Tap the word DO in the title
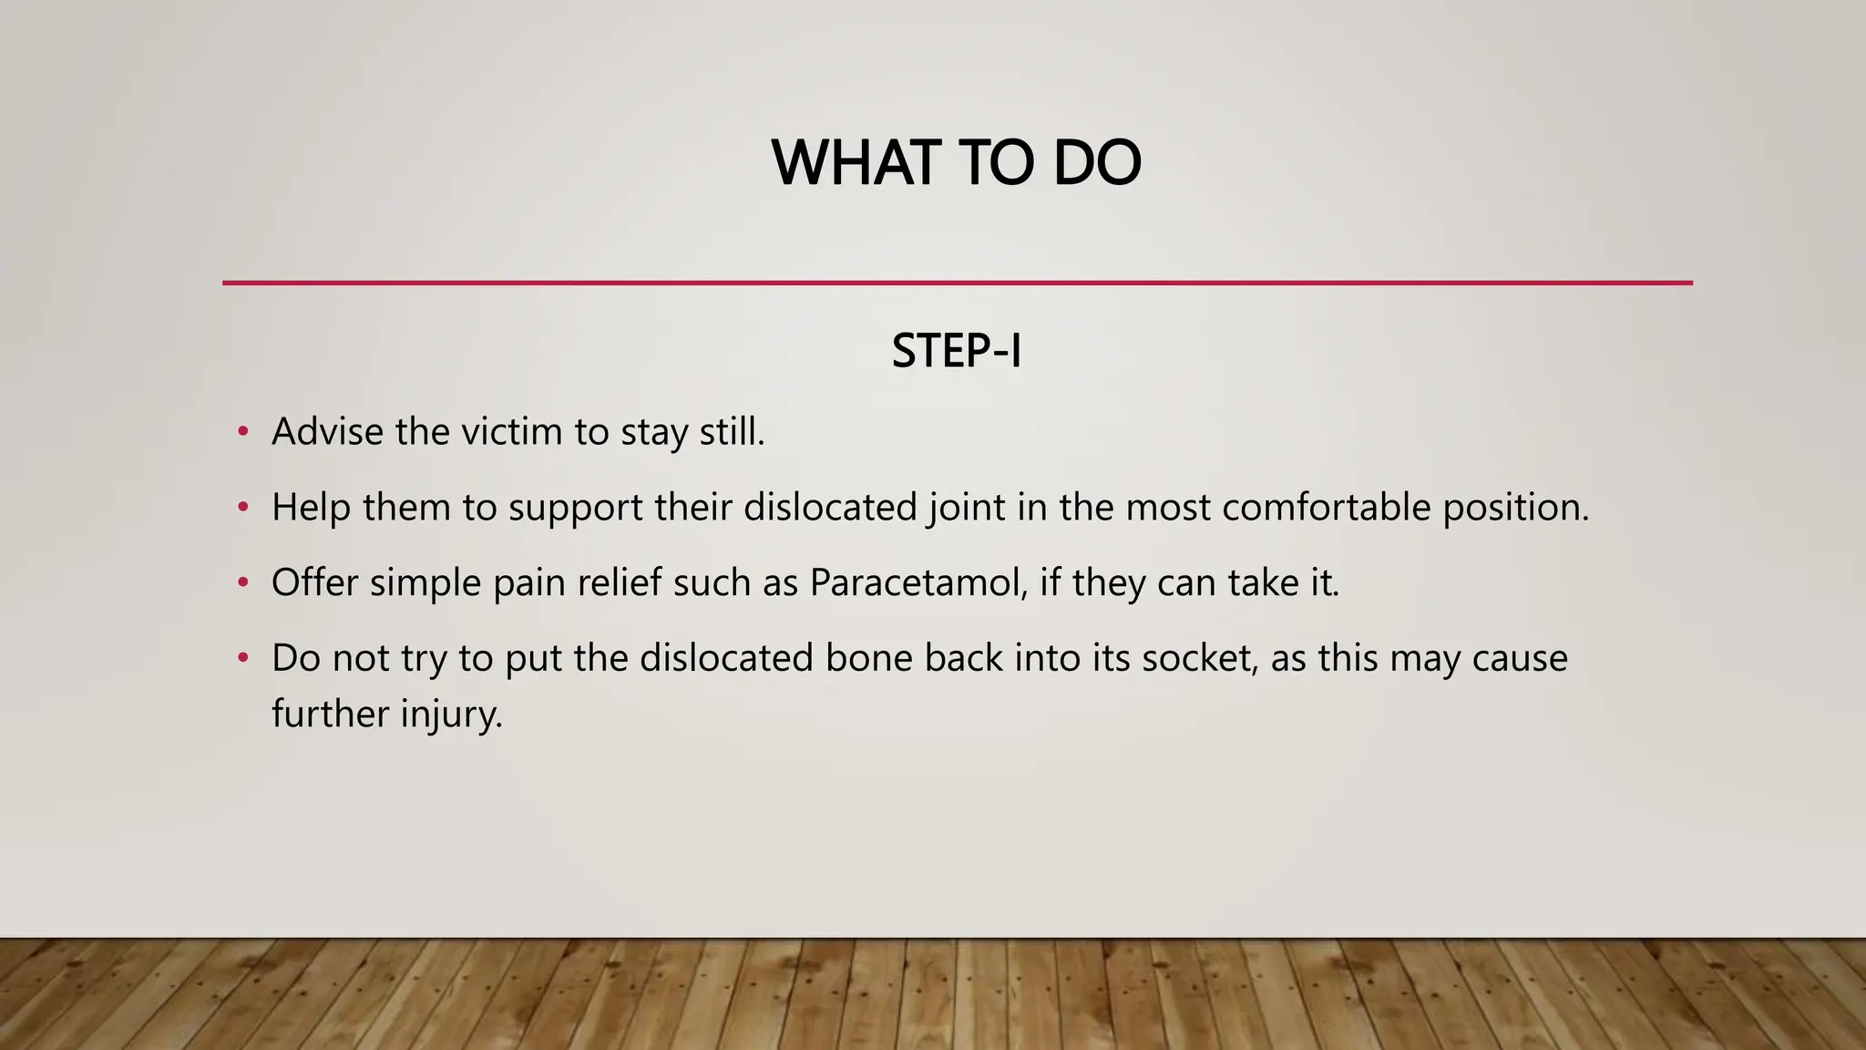point(1097,164)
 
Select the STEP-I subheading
point(957,352)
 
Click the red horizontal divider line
point(957,283)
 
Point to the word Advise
point(327,432)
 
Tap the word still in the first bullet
point(732,432)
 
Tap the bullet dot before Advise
point(242,431)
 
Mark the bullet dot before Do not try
point(242,657)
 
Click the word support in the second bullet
point(576,508)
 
